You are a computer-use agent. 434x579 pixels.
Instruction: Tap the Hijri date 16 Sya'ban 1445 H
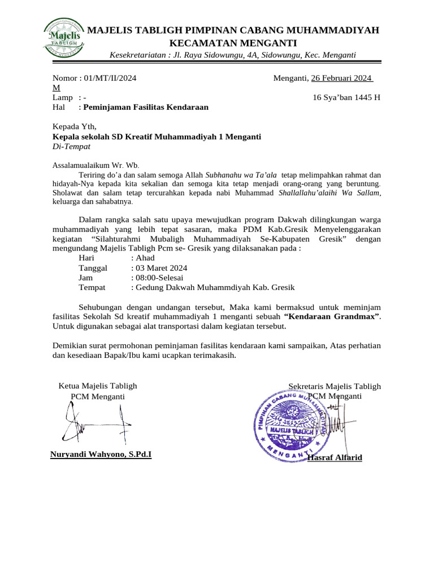346,97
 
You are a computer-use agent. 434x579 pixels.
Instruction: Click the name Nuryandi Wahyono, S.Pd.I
101,454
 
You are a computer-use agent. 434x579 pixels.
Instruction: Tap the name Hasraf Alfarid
335,457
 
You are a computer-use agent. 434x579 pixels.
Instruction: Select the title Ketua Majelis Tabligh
98,386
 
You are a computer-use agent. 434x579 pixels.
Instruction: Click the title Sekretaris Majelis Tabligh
335,386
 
